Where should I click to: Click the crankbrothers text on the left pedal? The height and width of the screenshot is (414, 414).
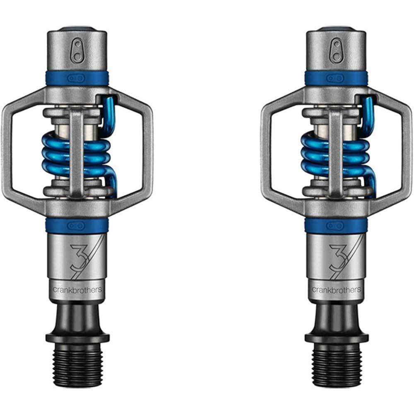pyautogui.click(x=77, y=290)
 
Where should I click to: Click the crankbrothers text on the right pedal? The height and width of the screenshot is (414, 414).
pyautogui.click(x=336, y=290)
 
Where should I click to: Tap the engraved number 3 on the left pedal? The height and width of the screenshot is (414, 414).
pyautogui.click(x=78, y=256)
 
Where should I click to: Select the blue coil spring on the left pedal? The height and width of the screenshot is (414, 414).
pyautogui.click(x=77, y=156)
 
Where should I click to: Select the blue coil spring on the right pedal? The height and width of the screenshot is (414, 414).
pyautogui.click(x=336, y=156)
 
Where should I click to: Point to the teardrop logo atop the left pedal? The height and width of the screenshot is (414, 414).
pyautogui.click(x=77, y=51)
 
